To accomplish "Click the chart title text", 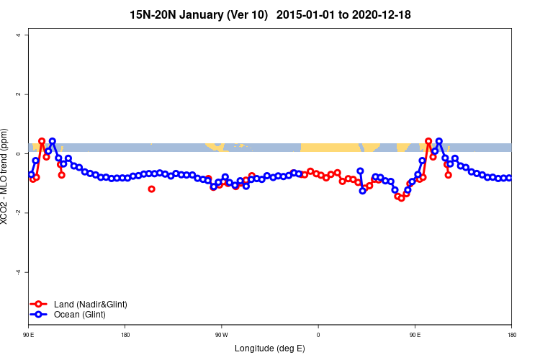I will tap(270, 14).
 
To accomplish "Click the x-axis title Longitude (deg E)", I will tap(270, 348).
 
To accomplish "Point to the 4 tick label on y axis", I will tap(27, 35).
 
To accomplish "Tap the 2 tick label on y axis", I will tap(27, 94).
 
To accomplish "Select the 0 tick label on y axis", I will tap(27, 153).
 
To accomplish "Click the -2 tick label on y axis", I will tap(25, 212).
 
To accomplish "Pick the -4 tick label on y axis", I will tap(25, 272).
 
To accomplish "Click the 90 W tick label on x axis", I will tap(221, 335).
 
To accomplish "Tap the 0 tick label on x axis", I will tap(318, 335).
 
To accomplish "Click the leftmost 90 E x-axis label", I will tap(29, 335).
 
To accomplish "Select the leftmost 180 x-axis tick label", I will tap(125, 335).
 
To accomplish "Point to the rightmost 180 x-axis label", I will tap(511, 335).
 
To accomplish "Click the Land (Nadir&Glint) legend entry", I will tap(91, 305).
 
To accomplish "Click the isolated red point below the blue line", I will tap(151, 189).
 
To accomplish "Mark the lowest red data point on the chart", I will tap(402, 198).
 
